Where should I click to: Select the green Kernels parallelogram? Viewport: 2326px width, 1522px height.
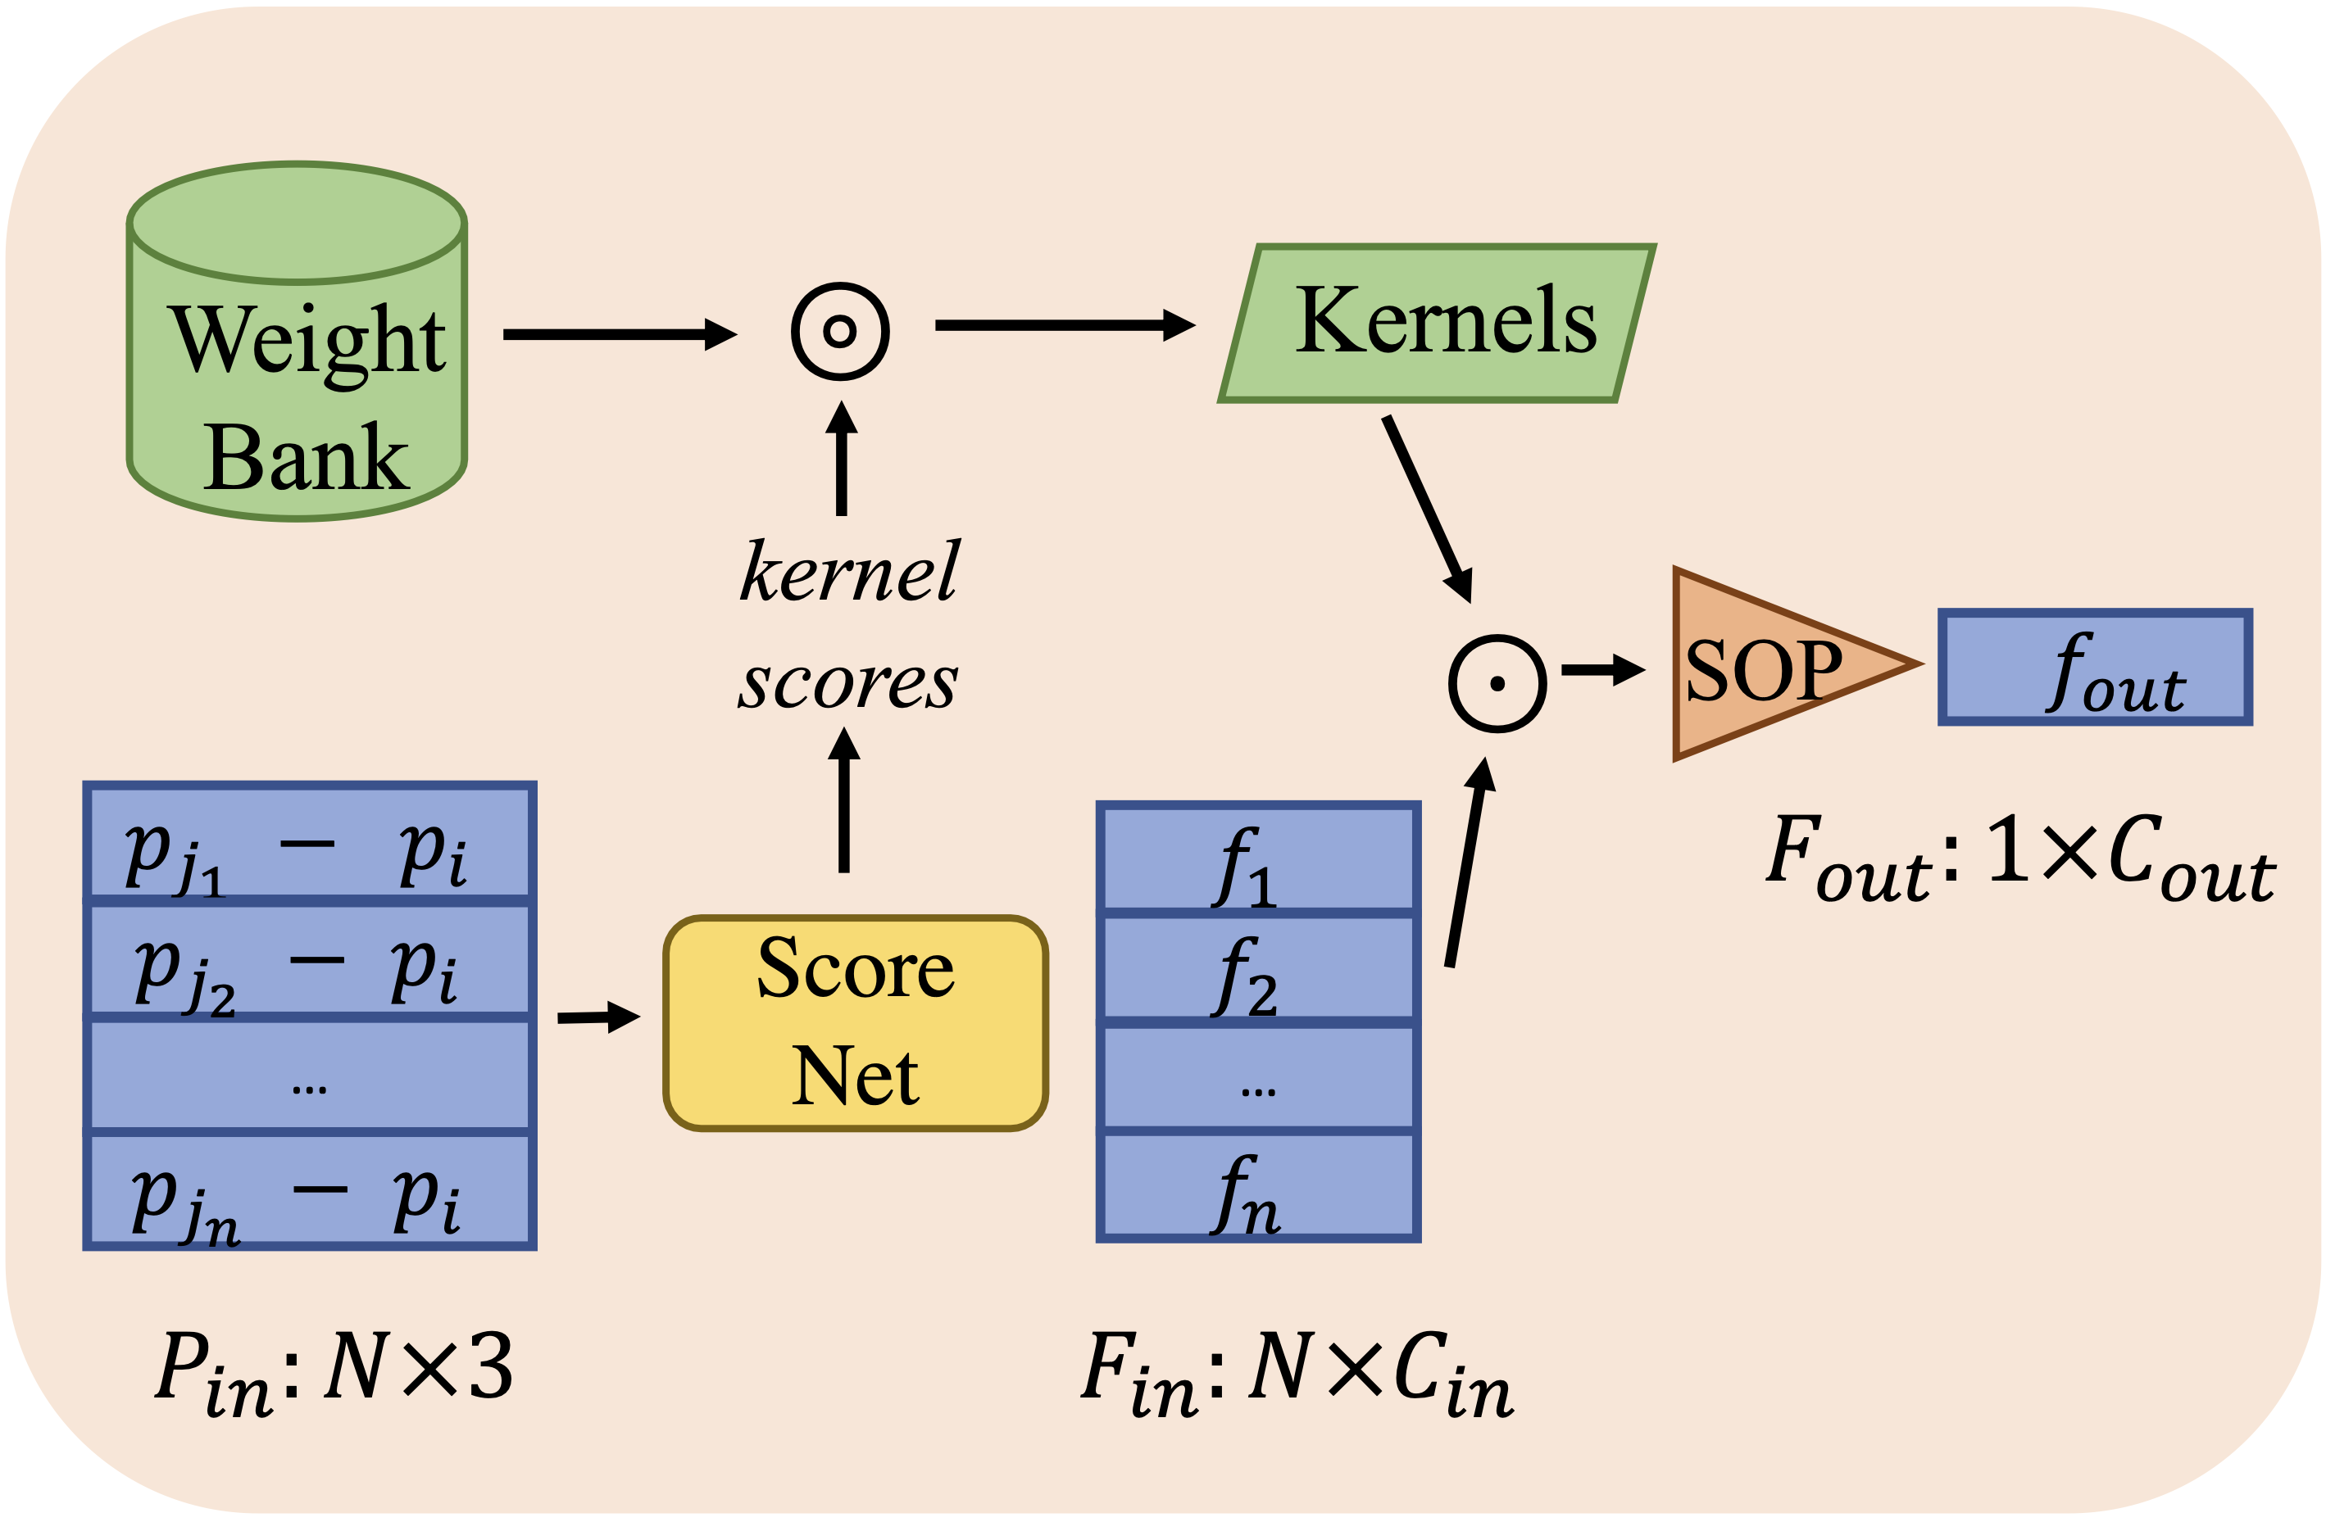point(1437,324)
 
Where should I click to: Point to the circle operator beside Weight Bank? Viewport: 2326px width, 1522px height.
point(839,331)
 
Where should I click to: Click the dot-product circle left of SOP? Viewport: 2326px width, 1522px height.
point(1497,683)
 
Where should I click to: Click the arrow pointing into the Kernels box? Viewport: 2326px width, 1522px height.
point(1065,325)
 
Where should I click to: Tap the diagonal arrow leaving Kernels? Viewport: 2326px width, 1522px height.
point(1427,508)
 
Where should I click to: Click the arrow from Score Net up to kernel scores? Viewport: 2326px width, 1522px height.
point(843,800)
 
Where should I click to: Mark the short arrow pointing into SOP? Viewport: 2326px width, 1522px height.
point(1603,670)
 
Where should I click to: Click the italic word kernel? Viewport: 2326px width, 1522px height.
point(849,572)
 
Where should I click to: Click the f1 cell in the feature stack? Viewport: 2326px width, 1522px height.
point(1258,858)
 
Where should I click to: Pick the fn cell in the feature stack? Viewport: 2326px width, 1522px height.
point(1258,1186)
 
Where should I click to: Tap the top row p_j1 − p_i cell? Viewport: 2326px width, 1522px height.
point(309,842)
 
